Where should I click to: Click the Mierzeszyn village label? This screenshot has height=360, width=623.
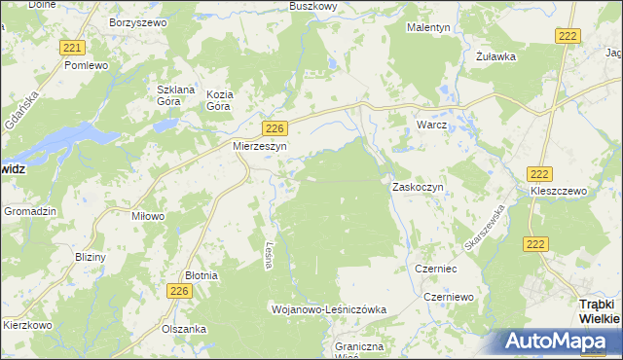[258, 146]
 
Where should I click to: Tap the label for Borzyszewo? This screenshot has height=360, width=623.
[138, 20]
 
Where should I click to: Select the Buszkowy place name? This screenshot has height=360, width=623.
[313, 6]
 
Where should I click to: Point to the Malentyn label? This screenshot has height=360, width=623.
[428, 28]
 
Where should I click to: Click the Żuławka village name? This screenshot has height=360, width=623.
[495, 55]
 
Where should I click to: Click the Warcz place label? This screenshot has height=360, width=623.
[430, 126]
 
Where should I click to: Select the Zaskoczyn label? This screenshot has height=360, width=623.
[418, 186]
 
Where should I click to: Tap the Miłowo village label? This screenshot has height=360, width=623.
[148, 216]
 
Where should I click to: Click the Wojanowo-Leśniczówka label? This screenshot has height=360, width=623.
[328, 308]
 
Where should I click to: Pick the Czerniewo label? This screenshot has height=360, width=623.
[448, 296]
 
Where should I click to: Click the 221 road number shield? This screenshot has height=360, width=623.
[71, 48]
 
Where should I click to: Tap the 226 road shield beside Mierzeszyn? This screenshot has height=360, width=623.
[275, 128]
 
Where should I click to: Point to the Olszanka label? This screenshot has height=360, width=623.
[184, 329]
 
